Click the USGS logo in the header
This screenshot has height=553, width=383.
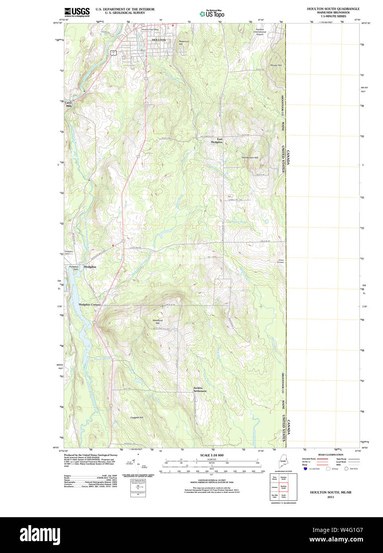[x=77, y=12]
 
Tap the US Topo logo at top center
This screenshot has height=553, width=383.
[x=212, y=14]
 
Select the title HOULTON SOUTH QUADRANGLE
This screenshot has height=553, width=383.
[x=333, y=9]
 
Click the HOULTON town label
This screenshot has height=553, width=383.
[x=159, y=40]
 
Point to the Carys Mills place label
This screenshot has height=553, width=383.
[x=68, y=104]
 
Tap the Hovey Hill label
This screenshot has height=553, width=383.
[x=276, y=65]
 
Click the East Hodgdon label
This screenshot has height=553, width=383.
[x=217, y=140]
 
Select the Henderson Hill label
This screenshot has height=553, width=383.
[x=250, y=158]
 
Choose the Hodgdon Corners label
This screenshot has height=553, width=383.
[x=89, y=304]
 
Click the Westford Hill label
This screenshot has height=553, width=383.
[x=157, y=321]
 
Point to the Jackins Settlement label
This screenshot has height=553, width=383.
[x=200, y=389]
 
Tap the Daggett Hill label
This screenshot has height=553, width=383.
[x=136, y=417]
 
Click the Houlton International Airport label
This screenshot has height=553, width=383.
[x=260, y=32]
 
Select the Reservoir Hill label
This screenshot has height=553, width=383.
[x=184, y=43]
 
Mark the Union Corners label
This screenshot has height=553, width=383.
[x=280, y=261]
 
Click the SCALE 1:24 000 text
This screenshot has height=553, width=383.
[x=212, y=455]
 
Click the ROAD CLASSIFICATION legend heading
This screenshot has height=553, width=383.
[x=331, y=455]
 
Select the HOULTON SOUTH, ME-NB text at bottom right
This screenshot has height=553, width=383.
[x=331, y=492]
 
